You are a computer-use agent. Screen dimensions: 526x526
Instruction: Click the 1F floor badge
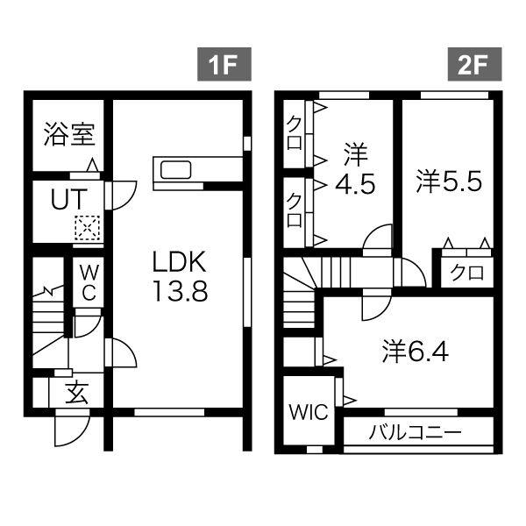pos(224,65)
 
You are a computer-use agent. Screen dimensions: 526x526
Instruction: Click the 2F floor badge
pos(474,65)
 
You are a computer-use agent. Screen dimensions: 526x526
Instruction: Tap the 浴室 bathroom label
pos(69,136)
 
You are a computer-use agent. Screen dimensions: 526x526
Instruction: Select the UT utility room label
pos(67,200)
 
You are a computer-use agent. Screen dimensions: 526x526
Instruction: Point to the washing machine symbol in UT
pos(88,228)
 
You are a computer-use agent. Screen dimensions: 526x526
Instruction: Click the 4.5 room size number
pos(354,185)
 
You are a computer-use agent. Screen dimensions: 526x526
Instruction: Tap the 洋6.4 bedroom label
pos(416,352)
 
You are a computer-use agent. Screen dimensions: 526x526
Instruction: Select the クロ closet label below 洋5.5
pos(467,273)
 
